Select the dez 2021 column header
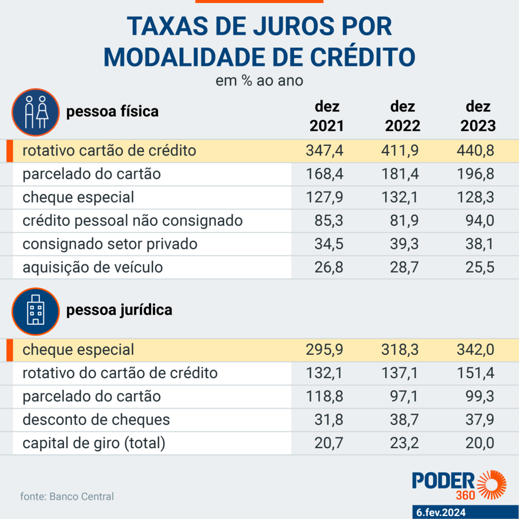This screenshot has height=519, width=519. tap(326, 116)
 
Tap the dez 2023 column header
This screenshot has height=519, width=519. tap(478, 116)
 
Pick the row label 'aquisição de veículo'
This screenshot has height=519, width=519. tap(93, 267)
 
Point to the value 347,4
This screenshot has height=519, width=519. tap(325, 151)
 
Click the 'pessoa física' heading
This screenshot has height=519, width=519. tap(113, 111)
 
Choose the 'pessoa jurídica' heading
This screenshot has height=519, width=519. tap(119, 309)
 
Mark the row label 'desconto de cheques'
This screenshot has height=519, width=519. tap(96, 420)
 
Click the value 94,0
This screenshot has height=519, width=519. tap(481, 220)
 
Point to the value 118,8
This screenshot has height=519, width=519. tap(325, 396)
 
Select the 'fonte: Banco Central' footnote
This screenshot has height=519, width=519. tap(67, 496)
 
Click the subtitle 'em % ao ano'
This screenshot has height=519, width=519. tap(259, 81)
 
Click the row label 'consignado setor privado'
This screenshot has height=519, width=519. tap(110, 244)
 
